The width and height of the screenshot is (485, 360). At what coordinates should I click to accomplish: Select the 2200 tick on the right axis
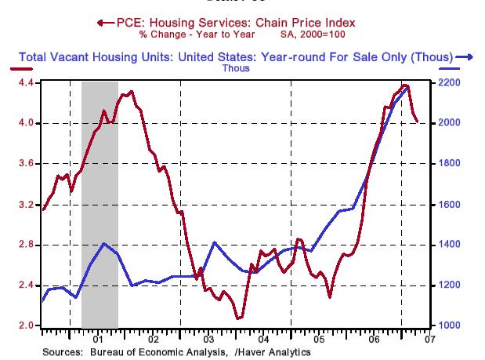click(448, 82)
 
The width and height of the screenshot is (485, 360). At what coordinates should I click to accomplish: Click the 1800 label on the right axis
click(448, 164)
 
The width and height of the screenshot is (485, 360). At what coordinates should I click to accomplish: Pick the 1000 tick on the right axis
click(448, 325)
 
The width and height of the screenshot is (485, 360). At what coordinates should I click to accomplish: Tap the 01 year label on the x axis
click(97, 340)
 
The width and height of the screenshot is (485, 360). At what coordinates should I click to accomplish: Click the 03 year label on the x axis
click(208, 340)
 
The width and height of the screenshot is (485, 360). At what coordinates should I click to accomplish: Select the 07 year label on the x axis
click(429, 340)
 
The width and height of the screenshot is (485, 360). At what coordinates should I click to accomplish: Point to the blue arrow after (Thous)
click(464, 56)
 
